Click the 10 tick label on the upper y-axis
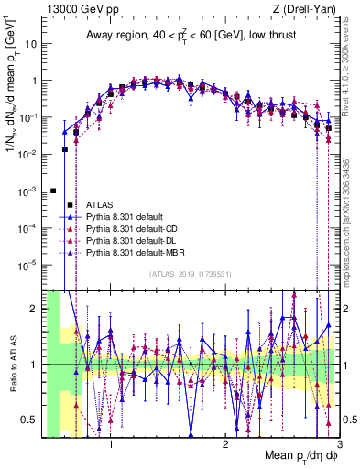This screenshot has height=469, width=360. (x=32, y=43)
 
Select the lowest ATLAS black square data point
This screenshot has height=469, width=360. (x=53, y=191)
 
